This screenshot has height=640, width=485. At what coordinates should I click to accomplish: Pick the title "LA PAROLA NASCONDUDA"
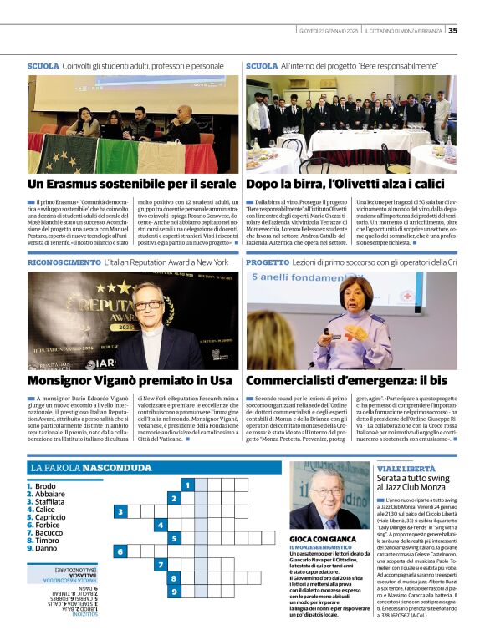point(90,468)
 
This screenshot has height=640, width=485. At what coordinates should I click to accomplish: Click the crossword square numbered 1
point(189,485)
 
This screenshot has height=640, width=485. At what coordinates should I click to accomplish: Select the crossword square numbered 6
point(121,551)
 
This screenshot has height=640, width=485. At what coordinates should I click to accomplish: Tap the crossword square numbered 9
point(174,592)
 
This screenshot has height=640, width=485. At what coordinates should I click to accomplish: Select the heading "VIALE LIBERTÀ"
point(406,470)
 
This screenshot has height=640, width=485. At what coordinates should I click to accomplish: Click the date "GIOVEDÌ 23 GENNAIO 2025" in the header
point(329,31)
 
